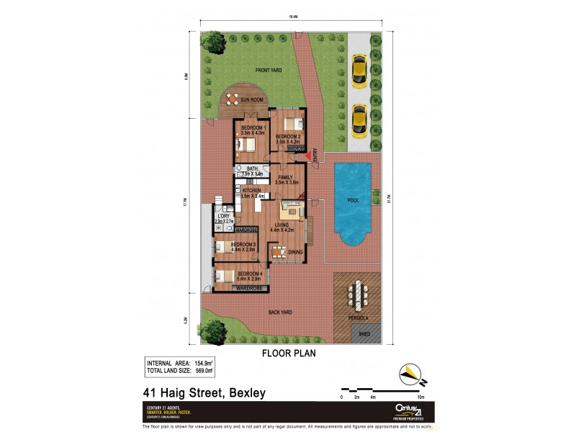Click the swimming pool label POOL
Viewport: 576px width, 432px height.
(x=353, y=201)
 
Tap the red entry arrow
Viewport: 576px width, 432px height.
(x=308, y=154)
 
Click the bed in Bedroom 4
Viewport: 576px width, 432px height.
(x=225, y=276)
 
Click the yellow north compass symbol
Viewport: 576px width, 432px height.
(x=410, y=372)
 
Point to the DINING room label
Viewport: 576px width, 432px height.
(x=295, y=252)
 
